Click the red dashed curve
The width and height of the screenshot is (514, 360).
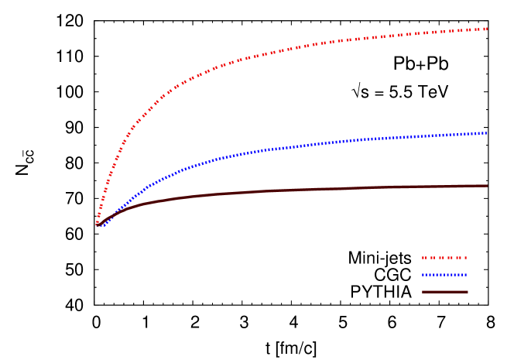[x=232, y=61]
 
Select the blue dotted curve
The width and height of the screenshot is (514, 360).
[x=271, y=149]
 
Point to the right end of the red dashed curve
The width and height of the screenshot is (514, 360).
[x=486, y=29]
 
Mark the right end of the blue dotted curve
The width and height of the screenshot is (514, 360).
[x=486, y=132]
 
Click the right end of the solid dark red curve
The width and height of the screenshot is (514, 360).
[x=487, y=186]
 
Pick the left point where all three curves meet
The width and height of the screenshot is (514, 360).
[x=98, y=225]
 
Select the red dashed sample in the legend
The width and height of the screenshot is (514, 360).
[x=444, y=258]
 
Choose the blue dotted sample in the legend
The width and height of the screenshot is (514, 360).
[x=444, y=275]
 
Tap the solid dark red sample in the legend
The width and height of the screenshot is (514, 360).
[x=444, y=292]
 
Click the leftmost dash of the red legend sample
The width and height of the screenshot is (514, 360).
[x=423, y=258]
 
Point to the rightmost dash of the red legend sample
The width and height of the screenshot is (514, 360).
[x=465, y=258]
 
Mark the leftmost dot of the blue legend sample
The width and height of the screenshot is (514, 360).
[x=423, y=275]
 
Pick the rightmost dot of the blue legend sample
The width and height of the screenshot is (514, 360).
[x=466, y=275]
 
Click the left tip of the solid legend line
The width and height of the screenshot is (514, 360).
[x=422, y=292]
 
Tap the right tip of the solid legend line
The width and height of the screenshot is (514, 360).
[x=468, y=292]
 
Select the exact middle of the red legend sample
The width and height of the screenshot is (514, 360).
[x=444, y=258]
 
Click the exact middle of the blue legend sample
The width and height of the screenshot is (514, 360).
[x=444, y=275]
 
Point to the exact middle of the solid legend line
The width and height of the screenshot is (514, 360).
[x=444, y=292]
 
